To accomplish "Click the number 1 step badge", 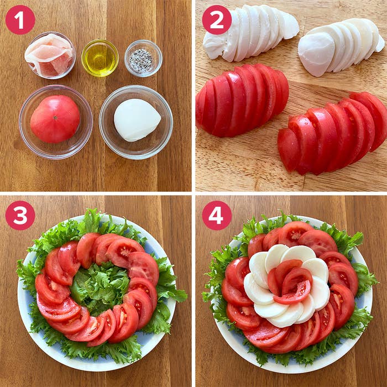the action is [x=20, y=20].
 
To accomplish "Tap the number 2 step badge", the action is [x=217, y=20].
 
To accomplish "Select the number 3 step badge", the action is [x=20, y=216].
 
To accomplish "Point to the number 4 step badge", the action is [x=217, y=216].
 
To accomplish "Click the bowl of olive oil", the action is [x=100, y=58].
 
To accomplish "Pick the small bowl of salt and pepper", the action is [x=143, y=58].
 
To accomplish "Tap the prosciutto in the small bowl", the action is [x=49, y=55].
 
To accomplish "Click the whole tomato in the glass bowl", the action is [x=55, y=119].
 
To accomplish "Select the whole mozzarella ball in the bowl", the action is [x=137, y=120].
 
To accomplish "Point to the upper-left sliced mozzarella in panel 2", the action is [x=250, y=33].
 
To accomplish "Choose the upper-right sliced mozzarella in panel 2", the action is [x=341, y=47].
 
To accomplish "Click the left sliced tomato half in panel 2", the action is [x=242, y=101].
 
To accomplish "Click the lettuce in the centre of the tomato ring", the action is [x=100, y=287].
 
